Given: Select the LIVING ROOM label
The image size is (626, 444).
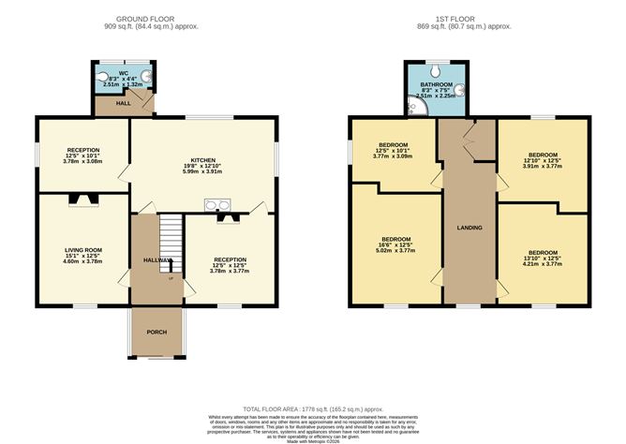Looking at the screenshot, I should click(x=82, y=250).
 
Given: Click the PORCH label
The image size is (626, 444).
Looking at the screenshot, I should click(x=156, y=333).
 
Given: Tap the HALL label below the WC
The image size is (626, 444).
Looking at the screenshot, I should click(x=123, y=104).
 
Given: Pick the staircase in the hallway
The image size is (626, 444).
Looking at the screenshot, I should click(x=168, y=238).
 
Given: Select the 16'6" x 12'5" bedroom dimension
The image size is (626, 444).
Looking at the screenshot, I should click(x=393, y=244).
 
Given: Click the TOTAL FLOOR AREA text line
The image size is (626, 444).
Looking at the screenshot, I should click(x=312, y=409).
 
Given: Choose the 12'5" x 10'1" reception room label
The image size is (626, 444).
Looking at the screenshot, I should click(x=82, y=150).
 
